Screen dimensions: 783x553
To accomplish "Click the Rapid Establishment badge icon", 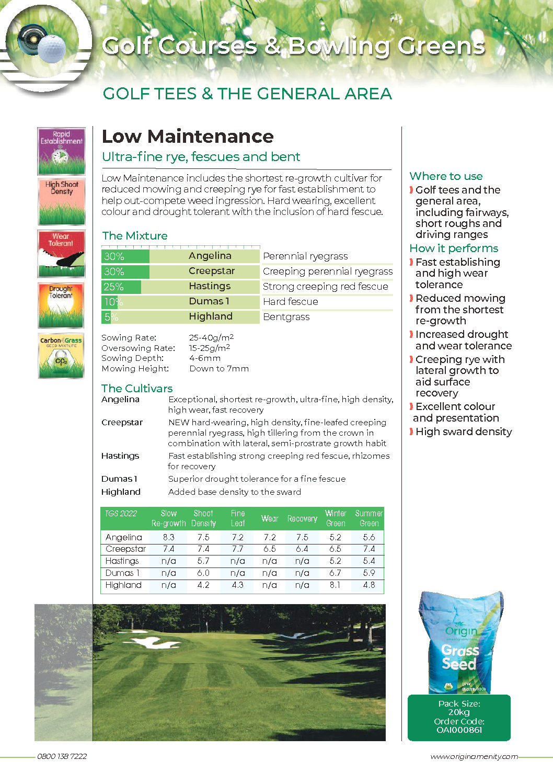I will tap(61, 151).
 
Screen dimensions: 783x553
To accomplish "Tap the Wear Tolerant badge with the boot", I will tap(61, 254).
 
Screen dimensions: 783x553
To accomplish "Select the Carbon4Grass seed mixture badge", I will tap(61, 356).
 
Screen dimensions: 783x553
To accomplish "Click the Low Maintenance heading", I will tap(188, 137).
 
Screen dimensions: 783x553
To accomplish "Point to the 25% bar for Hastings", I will tap(121, 287).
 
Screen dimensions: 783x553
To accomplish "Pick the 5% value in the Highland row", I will tap(111, 317).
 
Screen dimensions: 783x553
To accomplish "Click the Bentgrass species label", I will tap(286, 317).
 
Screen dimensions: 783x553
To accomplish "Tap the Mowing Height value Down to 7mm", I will tap(219, 369).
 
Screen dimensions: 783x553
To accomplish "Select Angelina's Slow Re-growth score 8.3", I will tap(168, 537).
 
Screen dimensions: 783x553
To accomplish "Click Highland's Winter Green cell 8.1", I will tap(335, 585).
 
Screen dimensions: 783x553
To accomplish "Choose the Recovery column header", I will tap(302, 518).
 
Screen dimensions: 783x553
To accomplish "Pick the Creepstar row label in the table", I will tap(125, 549).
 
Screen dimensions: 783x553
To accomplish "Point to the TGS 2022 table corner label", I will tap(121, 514).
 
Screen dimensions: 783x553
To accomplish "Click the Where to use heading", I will tap(446, 176).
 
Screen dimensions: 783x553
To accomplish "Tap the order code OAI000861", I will tap(459, 730).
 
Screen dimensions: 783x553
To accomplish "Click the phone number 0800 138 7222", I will tap(62, 756).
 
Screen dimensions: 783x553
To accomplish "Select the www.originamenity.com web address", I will tap(474, 756).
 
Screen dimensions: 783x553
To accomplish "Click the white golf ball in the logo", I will tap(52, 49).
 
